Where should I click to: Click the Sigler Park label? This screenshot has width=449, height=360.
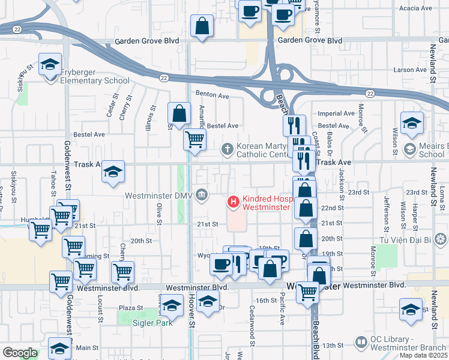pyautogui.click(x=153, y=323)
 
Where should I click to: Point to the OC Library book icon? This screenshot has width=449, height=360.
pyautogui.click(x=361, y=342)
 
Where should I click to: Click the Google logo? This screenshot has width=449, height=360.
pyautogui.click(x=20, y=353)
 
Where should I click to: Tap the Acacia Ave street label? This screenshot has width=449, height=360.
pyautogui.click(x=415, y=8)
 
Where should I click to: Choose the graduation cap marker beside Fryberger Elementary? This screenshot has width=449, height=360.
pyautogui.click(x=50, y=64)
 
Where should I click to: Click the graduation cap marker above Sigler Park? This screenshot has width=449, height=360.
pyautogui.click(x=171, y=307)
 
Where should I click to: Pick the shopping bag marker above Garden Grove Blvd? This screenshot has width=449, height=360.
pyautogui.click(x=202, y=26)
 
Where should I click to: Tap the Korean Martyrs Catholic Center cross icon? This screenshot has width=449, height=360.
pyautogui.click(x=228, y=148)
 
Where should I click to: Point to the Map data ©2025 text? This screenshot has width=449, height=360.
pyautogui.click(x=424, y=355)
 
